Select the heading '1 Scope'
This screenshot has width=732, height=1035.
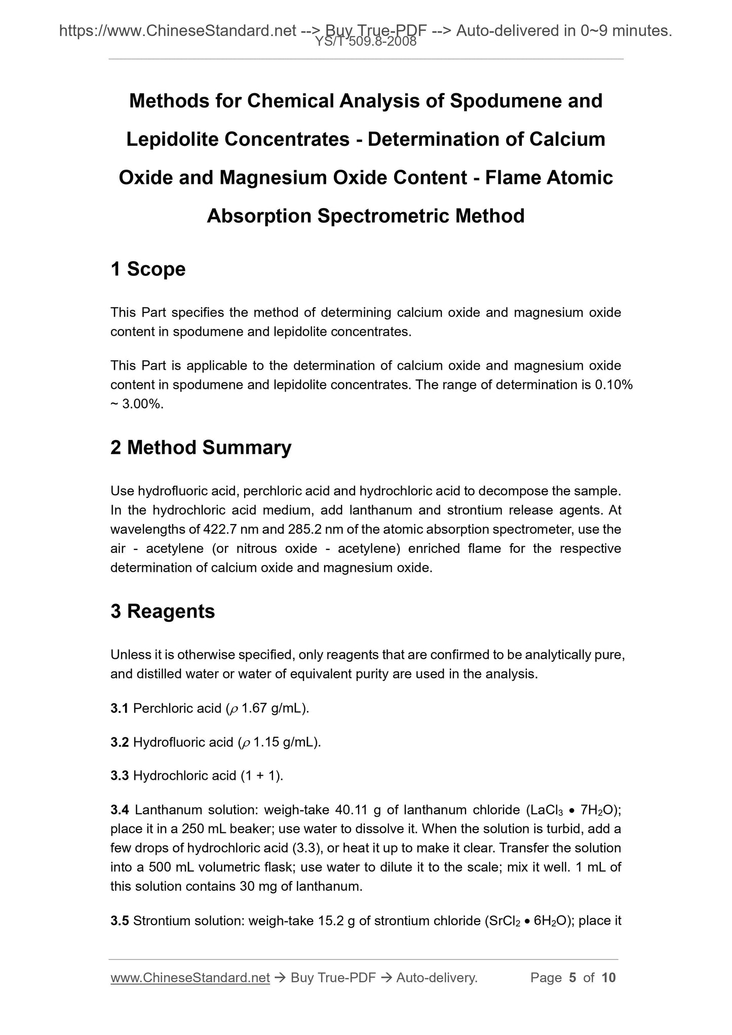148,269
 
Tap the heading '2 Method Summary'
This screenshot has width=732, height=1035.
201,448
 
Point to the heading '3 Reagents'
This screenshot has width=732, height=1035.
163,612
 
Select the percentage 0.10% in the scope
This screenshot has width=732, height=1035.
614,385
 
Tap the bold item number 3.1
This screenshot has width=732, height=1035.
119,708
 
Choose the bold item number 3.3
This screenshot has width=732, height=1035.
119,775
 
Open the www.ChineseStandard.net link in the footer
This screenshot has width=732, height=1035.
190,978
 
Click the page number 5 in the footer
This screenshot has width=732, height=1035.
572,978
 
